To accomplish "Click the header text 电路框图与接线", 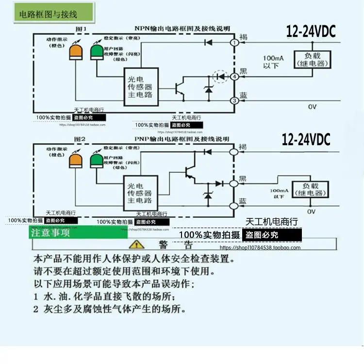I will (x=48, y=14).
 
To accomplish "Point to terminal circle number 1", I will (x=234, y=43).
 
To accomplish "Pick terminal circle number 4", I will (x=234, y=76).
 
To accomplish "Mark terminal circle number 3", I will (x=234, y=100).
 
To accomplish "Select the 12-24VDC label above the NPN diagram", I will (x=311, y=32).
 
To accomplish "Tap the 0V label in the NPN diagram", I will (x=312, y=106).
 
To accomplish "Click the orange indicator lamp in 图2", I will (x=77, y=159).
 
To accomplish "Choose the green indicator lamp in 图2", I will (x=97, y=159).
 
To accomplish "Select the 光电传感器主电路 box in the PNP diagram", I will (x=140, y=193).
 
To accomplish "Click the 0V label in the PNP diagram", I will (x=311, y=212).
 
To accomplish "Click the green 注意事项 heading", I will (x=51, y=232).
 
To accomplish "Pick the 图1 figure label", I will (x=80, y=29).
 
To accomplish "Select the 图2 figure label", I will (x=80, y=139).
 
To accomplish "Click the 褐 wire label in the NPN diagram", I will (x=243, y=37).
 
